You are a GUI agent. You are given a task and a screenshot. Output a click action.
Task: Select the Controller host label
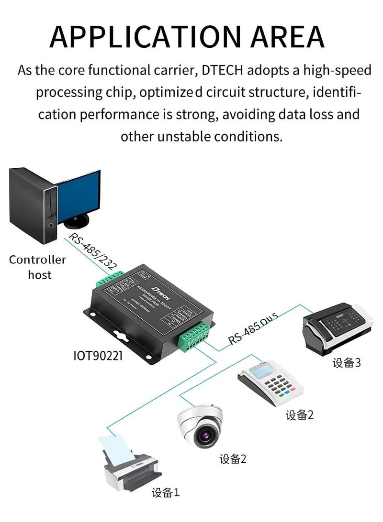38,267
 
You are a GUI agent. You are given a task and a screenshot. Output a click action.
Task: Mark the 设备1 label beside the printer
166,492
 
